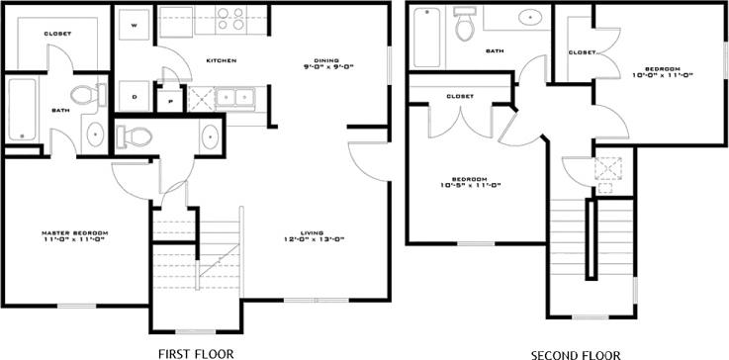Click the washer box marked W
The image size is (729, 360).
[135, 23]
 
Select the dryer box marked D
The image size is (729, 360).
[135, 97]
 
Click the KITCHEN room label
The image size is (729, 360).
[221, 61]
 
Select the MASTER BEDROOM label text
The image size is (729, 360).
[74, 235]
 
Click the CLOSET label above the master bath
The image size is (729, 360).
[56, 35]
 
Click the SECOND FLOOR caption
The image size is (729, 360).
[575, 353]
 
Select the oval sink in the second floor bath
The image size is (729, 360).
[528, 18]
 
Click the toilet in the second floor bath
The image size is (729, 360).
[463, 27]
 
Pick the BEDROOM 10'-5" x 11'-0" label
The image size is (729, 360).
[471, 182]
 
